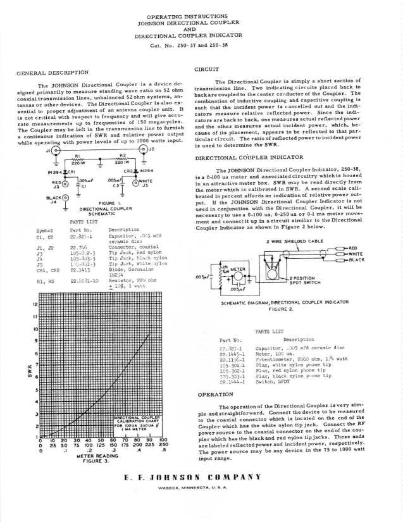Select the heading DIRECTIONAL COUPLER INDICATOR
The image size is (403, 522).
pos(248,157)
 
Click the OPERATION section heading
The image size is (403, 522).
pos(215,394)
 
